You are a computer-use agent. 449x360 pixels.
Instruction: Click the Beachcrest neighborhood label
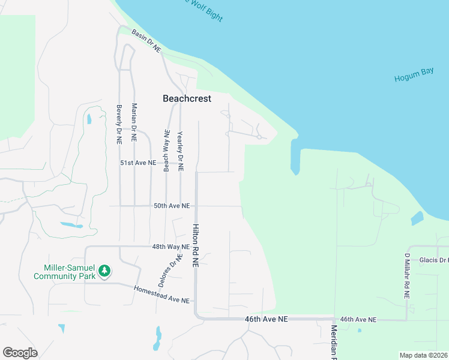(187, 98)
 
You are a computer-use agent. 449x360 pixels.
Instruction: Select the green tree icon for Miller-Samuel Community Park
(104, 271)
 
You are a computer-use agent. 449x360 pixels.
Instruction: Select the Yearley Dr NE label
(180, 150)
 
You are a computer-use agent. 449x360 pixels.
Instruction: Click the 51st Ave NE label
(139, 163)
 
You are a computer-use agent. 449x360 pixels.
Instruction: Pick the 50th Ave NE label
(172, 206)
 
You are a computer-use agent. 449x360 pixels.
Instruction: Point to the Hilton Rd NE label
(195, 247)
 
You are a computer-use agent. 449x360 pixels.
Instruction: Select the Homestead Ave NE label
(161, 295)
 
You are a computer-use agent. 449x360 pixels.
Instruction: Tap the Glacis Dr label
(433, 260)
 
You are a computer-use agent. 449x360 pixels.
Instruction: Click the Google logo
(20, 353)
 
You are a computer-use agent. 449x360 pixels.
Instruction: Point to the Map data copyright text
(423, 355)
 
